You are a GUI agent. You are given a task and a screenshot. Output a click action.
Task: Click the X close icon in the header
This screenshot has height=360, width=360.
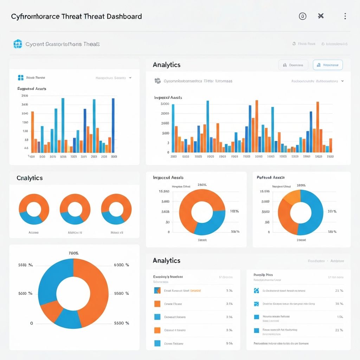[x=321, y=16]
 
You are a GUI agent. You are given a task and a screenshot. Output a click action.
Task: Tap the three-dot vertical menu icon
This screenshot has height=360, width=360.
[x=345, y=16]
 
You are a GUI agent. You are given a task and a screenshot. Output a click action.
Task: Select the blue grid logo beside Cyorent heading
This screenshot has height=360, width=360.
[x=18, y=44]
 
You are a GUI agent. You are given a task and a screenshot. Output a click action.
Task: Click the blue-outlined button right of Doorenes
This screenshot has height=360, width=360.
[x=328, y=65]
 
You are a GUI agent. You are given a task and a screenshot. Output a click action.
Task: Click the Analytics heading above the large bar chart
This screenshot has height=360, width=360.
[x=167, y=65]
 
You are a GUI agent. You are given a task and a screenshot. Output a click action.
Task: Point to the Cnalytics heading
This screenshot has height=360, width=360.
[x=30, y=178]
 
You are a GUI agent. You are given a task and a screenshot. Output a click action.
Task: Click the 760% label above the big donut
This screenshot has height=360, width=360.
[x=73, y=253]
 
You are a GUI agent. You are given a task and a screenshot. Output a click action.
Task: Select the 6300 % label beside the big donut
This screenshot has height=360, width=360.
[x=122, y=265]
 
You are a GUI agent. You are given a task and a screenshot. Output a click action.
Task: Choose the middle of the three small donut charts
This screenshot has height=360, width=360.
[x=75, y=209]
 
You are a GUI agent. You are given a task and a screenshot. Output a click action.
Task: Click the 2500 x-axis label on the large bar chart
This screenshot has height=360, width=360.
[x=329, y=156]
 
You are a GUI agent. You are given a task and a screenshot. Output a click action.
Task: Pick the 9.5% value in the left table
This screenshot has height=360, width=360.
[x=229, y=343]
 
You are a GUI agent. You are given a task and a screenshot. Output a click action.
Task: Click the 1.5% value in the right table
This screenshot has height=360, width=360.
[x=340, y=317]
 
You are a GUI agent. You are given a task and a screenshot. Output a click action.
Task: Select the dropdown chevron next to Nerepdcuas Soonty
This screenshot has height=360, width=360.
[x=130, y=78]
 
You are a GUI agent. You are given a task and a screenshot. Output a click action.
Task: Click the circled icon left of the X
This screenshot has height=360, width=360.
[x=302, y=16]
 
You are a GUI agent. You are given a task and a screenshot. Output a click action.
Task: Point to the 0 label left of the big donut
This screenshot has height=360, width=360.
[x=32, y=323]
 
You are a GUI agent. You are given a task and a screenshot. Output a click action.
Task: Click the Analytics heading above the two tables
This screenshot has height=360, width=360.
[x=167, y=261]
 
